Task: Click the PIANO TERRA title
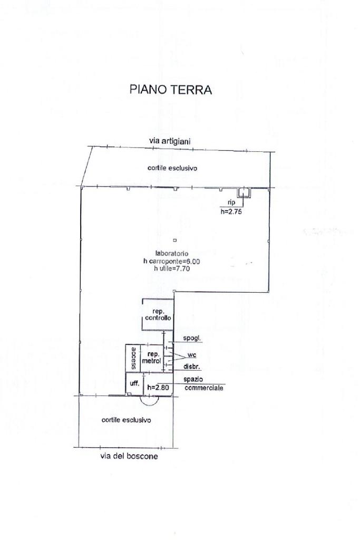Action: point(170,90)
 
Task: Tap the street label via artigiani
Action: point(169,141)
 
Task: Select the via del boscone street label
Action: point(129,456)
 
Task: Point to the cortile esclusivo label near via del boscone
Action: point(126,420)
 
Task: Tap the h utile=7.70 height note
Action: point(172,268)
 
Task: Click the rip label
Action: point(231,203)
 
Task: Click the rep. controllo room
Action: point(158,315)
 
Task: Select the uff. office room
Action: point(134,383)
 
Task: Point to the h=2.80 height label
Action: point(158,388)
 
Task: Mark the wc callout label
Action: point(192,355)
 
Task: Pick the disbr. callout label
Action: point(191,367)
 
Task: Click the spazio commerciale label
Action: point(203,384)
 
